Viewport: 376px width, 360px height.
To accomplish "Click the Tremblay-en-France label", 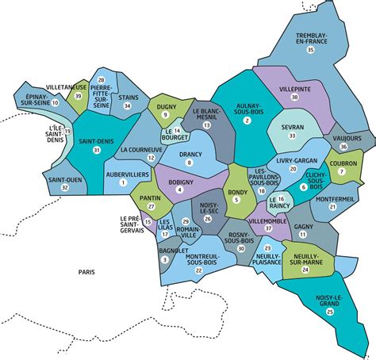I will pyautogui.click(x=311, y=38).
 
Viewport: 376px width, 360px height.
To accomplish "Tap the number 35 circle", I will pyautogui.click(x=311, y=50).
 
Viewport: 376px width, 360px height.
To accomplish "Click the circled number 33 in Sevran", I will pyautogui.click(x=292, y=136).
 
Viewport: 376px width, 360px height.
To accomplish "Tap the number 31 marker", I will pyautogui.click(x=97, y=150).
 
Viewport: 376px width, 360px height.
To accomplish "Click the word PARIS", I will pyautogui.click(x=86, y=272).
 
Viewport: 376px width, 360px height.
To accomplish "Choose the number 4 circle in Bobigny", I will pyautogui.click(x=180, y=190).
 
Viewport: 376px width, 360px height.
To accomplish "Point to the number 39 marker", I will pyautogui.click(x=77, y=96).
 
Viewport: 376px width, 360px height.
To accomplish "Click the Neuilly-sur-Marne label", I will pyautogui.click(x=305, y=259).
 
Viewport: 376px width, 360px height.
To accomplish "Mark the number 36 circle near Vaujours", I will pyautogui.click(x=343, y=147).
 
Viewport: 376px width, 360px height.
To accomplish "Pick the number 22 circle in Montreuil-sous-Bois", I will pyautogui.click(x=198, y=271).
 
